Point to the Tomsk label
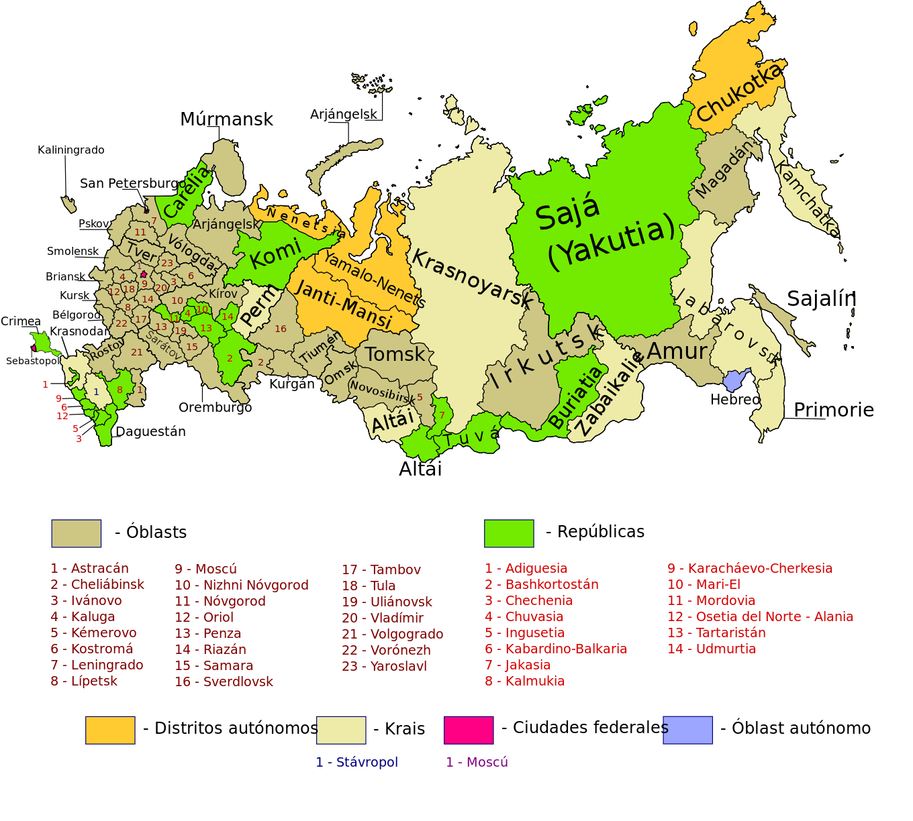point(395,354)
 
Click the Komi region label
point(275,254)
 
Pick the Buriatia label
point(575,398)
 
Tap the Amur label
point(677,351)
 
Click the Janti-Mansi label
point(343,305)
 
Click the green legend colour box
point(509,533)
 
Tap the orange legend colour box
point(110,730)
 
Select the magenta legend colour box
point(469,730)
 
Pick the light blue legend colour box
point(688,730)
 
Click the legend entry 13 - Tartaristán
point(716,633)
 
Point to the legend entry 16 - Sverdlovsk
point(224,681)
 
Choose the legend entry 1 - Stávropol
point(356,763)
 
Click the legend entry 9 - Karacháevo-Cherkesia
point(750,568)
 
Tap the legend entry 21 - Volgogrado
point(392,634)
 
